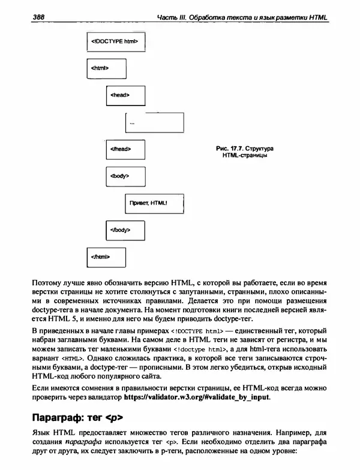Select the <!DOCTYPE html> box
pyautogui.click(x=114, y=43)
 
